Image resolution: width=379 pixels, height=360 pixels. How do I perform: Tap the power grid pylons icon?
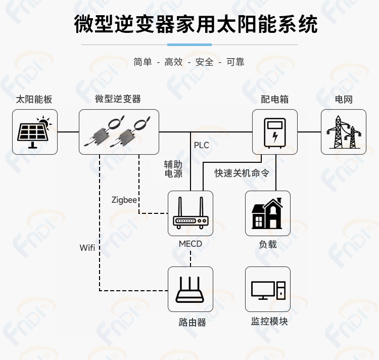(344, 132)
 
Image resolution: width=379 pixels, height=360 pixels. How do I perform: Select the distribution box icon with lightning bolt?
(275, 133)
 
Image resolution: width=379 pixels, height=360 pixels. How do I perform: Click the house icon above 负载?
(267, 213)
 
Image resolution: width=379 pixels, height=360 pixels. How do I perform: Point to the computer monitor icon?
(268, 290)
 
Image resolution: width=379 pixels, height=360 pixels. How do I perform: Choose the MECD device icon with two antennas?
(191, 213)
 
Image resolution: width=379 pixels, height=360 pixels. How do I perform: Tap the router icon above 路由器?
(190, 290)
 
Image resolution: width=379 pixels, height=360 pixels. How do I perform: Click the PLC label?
(201, 145)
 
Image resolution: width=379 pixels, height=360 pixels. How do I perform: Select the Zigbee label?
(124, 200)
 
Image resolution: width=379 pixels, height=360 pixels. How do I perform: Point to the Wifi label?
(87, 248)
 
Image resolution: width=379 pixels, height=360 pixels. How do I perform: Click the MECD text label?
(191, 244)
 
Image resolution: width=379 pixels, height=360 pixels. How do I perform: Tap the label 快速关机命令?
(242, 173)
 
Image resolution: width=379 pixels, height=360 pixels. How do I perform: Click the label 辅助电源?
(173, 169)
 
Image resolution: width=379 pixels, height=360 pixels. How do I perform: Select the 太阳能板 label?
(34, 100)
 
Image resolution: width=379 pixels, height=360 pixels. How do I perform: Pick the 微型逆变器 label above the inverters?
(118, 99)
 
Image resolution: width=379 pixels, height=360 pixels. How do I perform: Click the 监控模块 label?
(269, 321)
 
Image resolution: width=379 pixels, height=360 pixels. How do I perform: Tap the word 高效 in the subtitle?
(173, 62)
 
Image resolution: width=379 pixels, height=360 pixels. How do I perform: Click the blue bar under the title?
(189, 44)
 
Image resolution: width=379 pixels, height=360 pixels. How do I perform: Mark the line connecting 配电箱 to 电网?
(309, 132)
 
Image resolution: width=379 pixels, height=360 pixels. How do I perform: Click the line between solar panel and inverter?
(68, 132)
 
